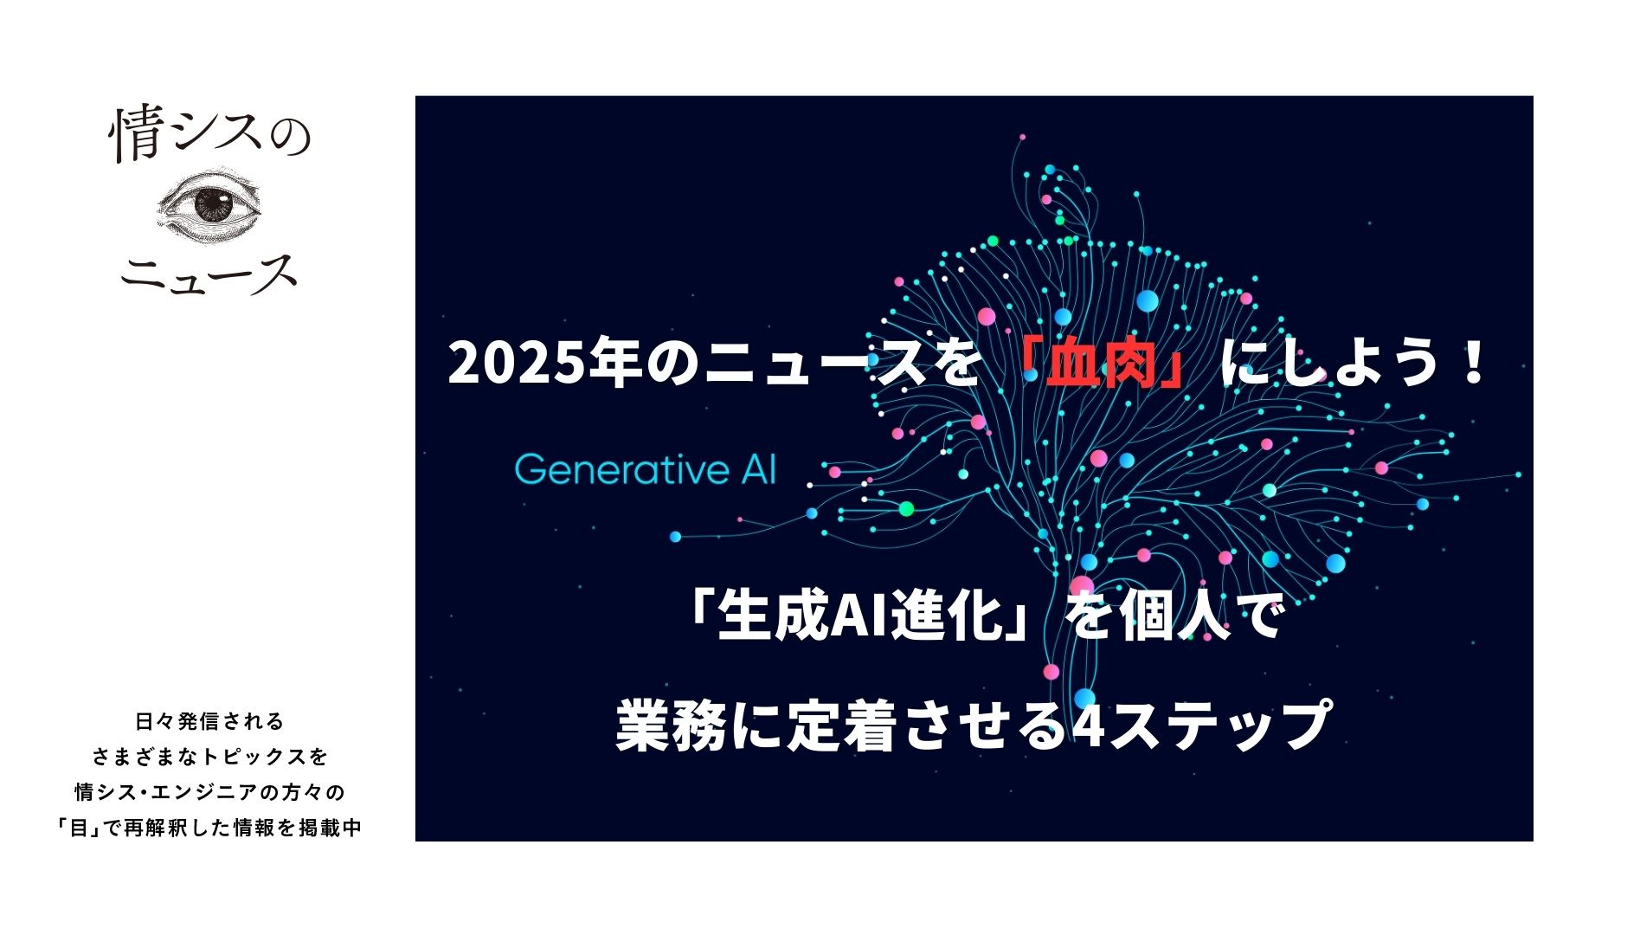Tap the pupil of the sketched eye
pos(212,206)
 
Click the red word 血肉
pos(1102,363)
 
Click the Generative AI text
pos(646,469)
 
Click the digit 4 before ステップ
pos(1088,725)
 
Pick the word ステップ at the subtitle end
pos(1219,725)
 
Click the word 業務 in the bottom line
pos(672,725)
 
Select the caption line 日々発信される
pos(210,721)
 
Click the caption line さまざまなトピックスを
pos(210,757)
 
